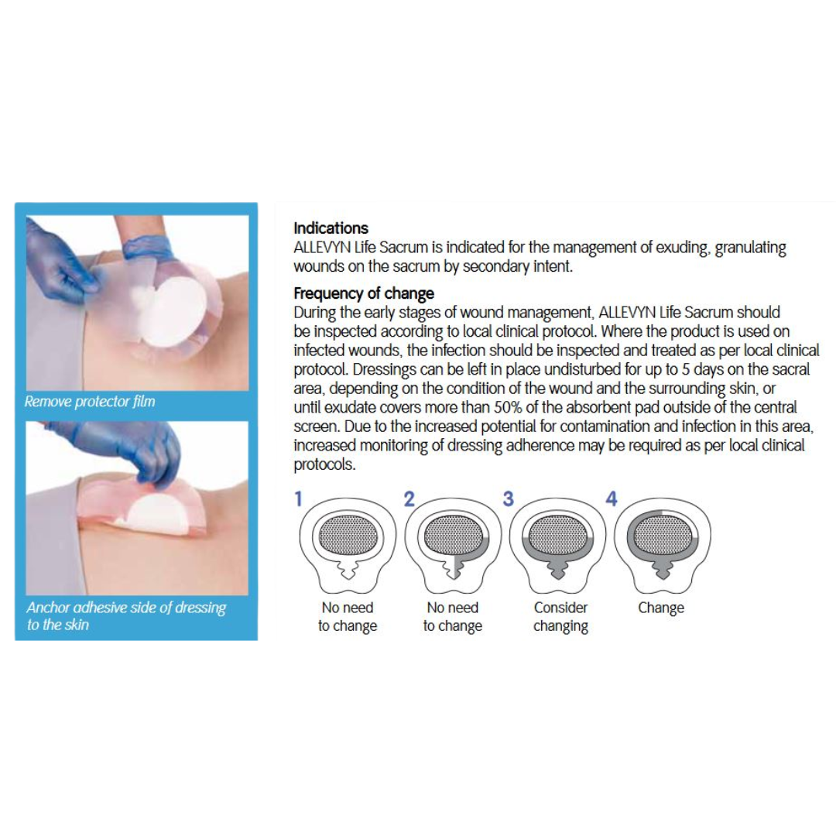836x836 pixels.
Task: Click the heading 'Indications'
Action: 331,228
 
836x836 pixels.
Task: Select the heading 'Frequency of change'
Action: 364,293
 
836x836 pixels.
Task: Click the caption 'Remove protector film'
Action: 90,402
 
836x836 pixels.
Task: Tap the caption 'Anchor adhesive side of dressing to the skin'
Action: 126,616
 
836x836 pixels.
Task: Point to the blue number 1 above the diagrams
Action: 298,500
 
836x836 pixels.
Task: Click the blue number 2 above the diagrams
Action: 409,500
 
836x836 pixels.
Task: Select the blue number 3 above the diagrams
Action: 508,499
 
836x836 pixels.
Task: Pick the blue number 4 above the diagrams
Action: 611,499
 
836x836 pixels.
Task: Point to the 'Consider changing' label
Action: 560,617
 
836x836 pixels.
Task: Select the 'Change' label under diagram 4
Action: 661,608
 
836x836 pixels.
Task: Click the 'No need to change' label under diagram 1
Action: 348,617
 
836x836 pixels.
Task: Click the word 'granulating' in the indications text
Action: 750,248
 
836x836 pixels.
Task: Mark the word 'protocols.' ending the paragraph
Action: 324,464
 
